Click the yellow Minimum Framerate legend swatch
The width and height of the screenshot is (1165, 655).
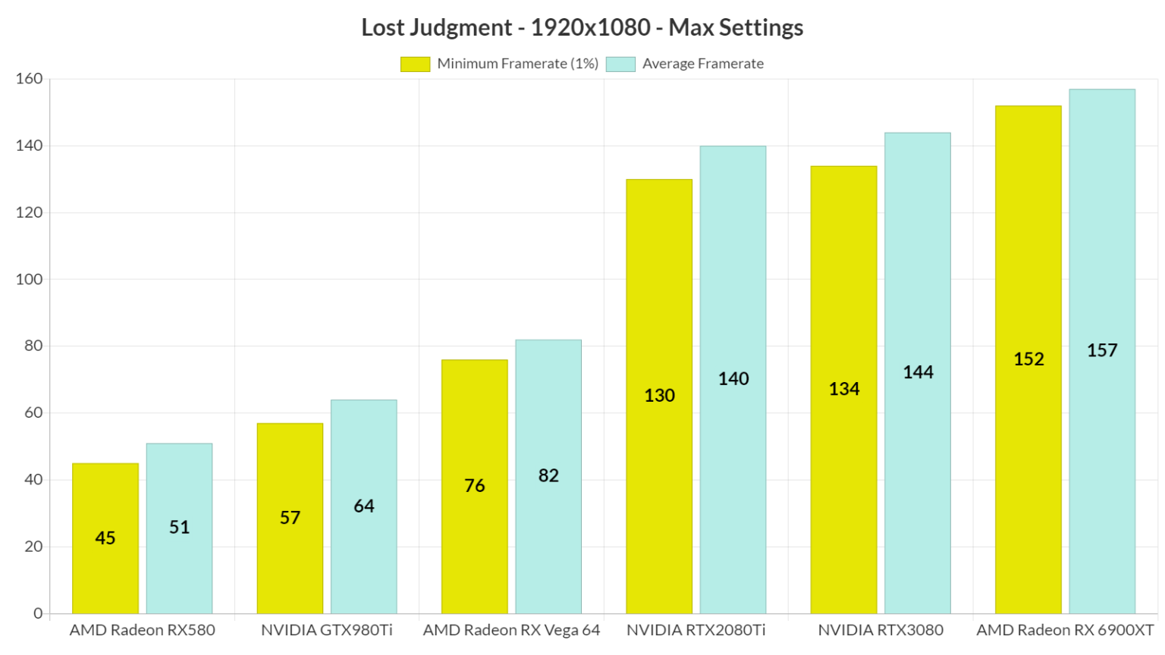coord(415,64)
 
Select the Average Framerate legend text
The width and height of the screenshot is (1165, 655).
coord(702,64)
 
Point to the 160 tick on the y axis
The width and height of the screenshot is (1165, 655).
coord(30,79)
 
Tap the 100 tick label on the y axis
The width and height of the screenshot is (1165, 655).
coord(30,279)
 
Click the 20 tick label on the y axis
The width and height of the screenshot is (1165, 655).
coord(33,547)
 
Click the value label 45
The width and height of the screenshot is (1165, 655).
coord(105,538)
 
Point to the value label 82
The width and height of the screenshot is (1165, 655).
coord(548,476)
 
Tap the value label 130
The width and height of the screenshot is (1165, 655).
coord(659,396)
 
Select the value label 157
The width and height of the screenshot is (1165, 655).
coord(1102,350)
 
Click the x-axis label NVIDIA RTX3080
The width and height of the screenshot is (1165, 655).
coord(881,630)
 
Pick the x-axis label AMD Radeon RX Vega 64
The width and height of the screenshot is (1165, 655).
coord(511,630)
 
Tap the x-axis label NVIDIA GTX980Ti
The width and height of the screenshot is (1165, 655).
coord(327,630)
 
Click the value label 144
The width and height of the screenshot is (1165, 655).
coord(918,372)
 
